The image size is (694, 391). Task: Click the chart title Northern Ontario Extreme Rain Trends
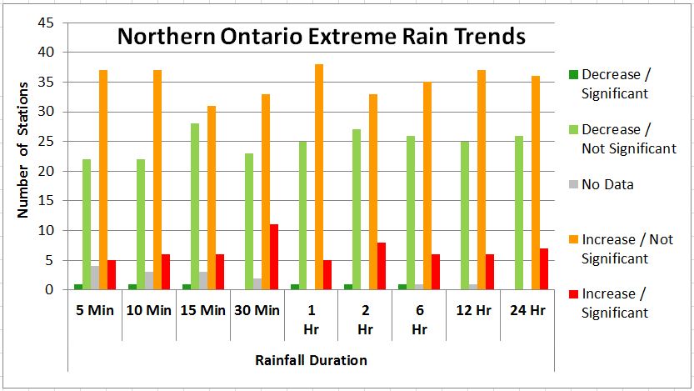point(321,38)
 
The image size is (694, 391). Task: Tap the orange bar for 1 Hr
point(319,177)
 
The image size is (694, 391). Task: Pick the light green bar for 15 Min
point(194,206)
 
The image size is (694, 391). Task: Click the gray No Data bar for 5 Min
point(95,278)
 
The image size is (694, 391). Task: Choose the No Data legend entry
point(607,185)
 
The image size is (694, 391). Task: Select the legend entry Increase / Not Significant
point(627,249)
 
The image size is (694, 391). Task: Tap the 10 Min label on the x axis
point(148,311)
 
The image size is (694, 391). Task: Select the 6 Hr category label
point(419,319)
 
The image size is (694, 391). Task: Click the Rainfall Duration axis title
point(310,360)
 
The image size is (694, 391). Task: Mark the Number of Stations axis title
point(22,150)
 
